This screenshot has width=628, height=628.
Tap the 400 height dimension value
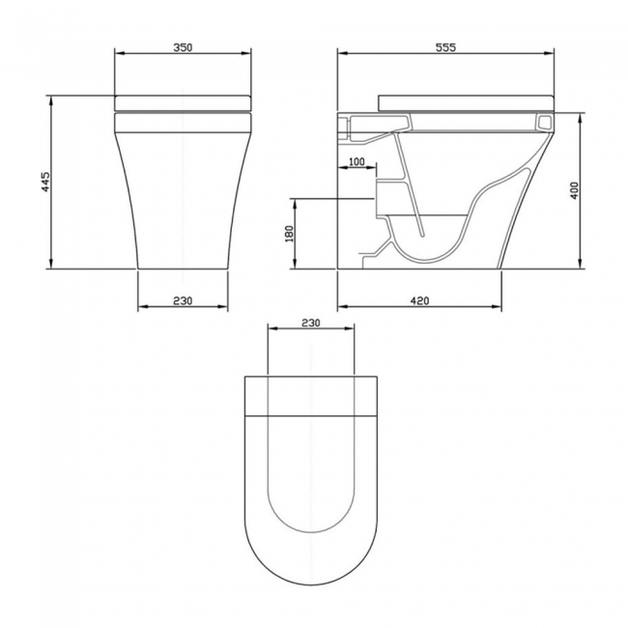tap(574, 191)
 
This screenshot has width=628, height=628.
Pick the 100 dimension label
tap(356, 162)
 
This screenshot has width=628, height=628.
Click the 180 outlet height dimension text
tap(288, 235)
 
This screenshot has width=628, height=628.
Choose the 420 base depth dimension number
tap(419, 300)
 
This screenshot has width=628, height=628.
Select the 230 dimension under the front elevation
tap(184, 300)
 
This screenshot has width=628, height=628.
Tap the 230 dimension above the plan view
tap(311, 323)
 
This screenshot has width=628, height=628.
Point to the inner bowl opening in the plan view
tap(311, 473)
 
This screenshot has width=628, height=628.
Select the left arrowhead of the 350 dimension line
tap(117, 56)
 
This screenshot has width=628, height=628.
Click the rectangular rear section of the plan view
tap(311, 393)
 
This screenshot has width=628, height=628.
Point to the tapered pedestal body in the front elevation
tap(184, 193)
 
